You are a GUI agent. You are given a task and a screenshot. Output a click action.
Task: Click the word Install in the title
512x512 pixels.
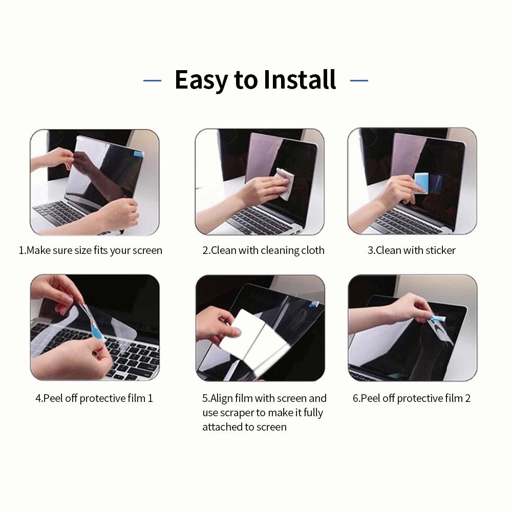click(300, 80)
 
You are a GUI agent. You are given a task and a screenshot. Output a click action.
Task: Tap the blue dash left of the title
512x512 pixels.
click(152, 80)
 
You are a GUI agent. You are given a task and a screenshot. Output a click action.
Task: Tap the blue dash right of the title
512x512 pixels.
click(359, 80)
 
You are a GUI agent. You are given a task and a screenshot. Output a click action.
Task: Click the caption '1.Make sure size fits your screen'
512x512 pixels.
click(91, 250)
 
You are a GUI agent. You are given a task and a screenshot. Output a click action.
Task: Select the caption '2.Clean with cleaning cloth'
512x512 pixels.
click(263, 250)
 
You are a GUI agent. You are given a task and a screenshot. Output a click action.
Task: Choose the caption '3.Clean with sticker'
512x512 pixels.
click(412, 250)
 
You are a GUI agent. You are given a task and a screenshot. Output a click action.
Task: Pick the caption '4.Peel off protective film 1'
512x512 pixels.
click(94, 398)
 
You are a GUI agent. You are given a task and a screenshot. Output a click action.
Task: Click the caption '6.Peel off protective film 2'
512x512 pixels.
click(412, 398)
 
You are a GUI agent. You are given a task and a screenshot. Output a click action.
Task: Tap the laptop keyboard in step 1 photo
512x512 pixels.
click(61, 212)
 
